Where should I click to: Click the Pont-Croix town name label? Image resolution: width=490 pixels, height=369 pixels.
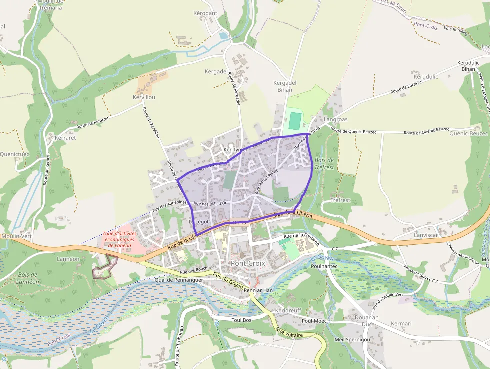(x=248, y=263)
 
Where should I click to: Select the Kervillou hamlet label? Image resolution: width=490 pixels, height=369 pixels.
(x=144, y=97)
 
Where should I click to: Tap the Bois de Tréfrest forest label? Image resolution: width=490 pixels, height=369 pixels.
(x=324, y=164)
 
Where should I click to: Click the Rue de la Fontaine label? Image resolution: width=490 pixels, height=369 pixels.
(x=301, y=236)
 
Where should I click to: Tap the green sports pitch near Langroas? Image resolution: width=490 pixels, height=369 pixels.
(x=295, y=120)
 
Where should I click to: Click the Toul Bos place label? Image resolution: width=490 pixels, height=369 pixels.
(x=241, y=319)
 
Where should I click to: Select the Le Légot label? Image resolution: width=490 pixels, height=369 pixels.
(x=198, y=221)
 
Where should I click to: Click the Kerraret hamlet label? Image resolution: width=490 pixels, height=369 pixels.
(x=65, y=137)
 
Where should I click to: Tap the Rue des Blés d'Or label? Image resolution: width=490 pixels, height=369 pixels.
(x=210, y=203)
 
